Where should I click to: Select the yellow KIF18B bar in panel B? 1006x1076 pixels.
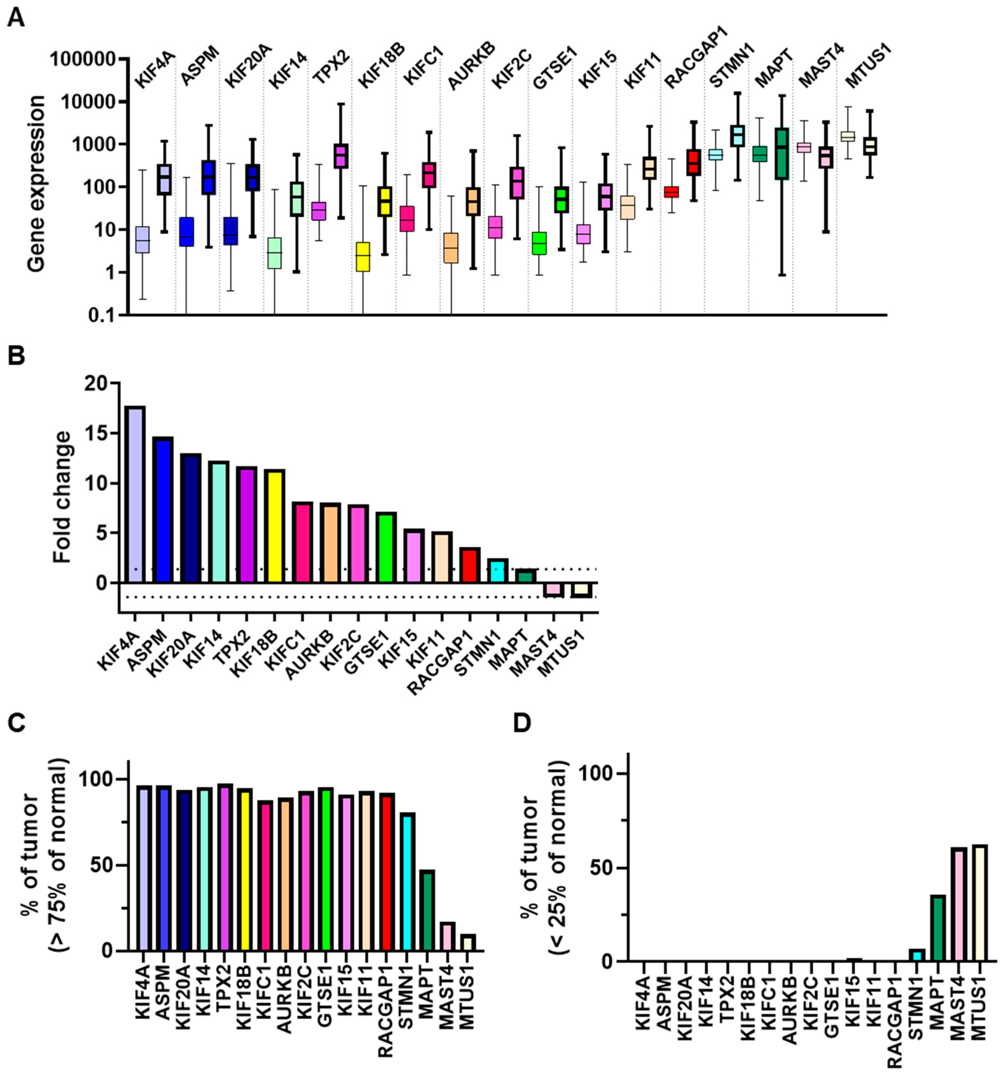tap(274, 525)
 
